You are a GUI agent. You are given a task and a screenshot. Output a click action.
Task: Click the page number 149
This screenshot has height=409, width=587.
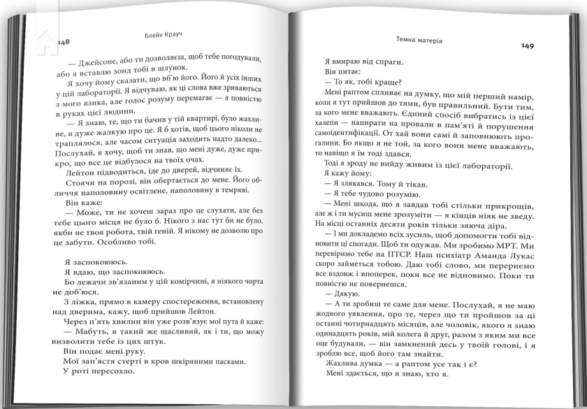pos(527,46)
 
